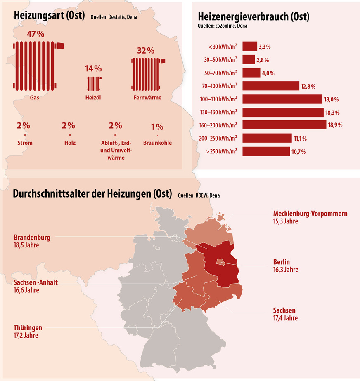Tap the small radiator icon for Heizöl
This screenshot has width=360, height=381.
(x=95, y=83)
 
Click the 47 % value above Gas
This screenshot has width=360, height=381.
(x=36, y=34)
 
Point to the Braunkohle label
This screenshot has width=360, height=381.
(x=157, y=143)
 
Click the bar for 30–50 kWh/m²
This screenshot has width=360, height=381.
(x=249, y=60)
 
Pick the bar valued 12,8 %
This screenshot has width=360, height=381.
(x=270, y=86)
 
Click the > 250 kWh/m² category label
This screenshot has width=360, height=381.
(x=221, y=151)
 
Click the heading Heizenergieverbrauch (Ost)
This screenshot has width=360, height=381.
(x=253, y=17)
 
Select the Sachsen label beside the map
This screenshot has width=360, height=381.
(x=284, y=310)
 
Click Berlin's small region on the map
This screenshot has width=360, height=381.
(x=221, y=261)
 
